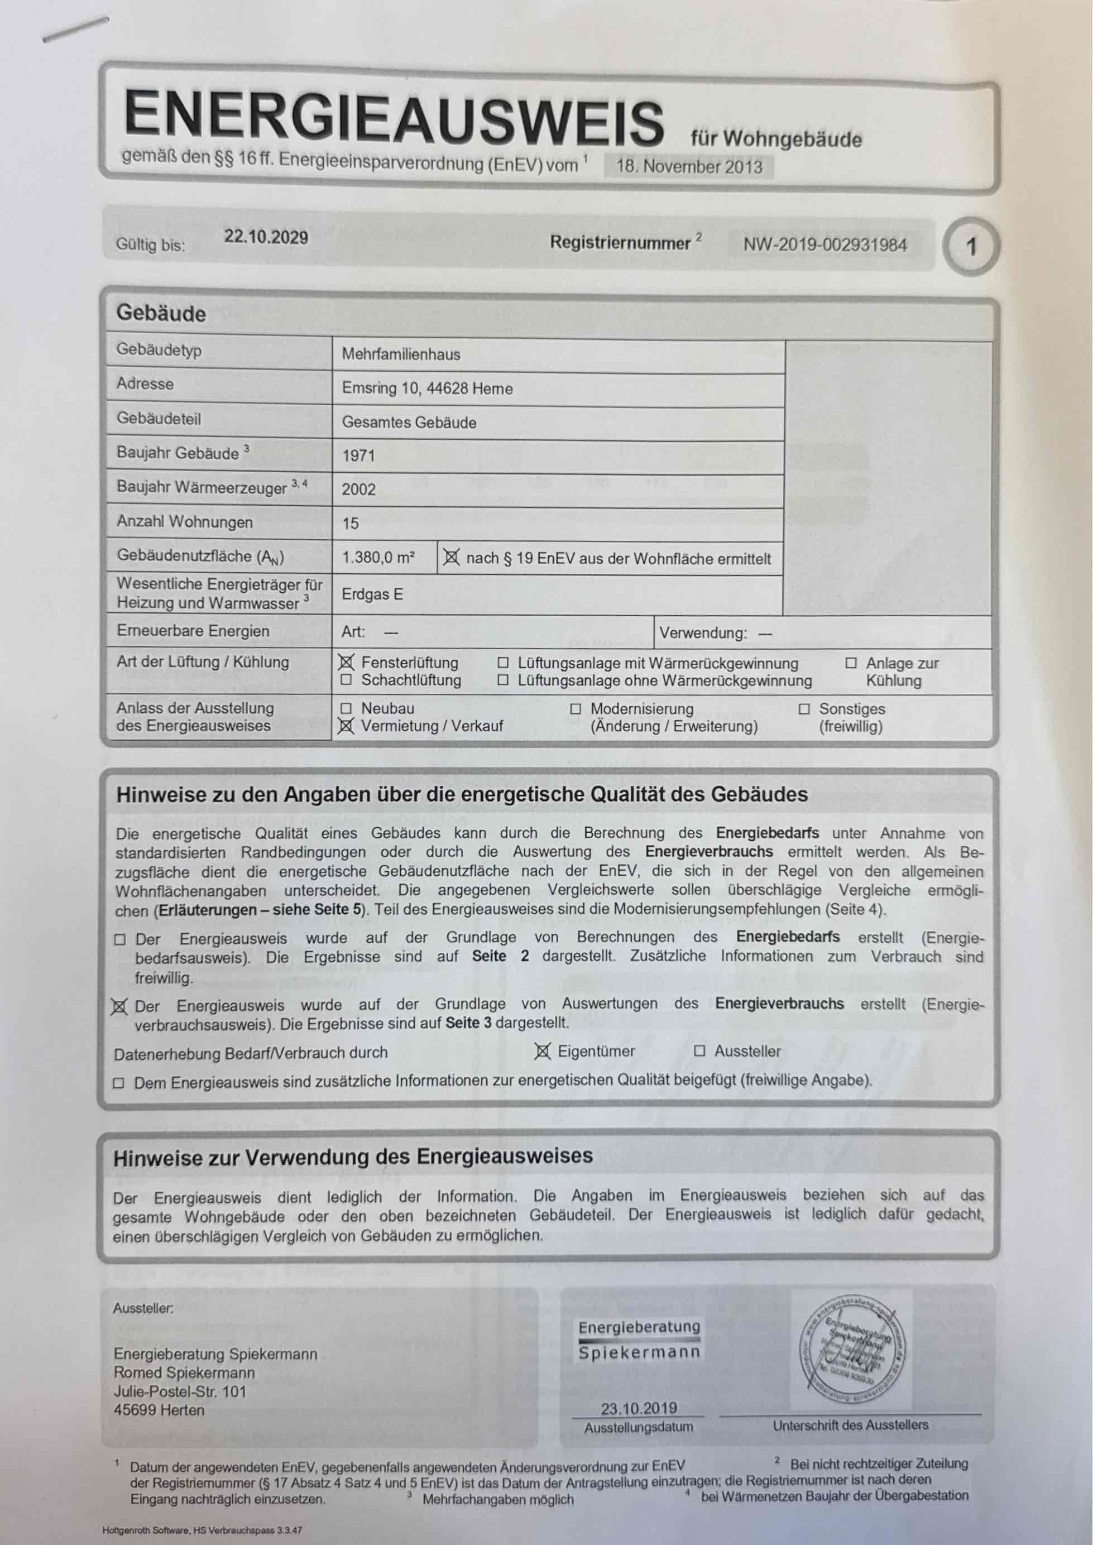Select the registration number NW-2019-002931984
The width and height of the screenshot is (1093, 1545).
tap(824, 245)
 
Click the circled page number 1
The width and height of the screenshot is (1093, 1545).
tap(971, 247)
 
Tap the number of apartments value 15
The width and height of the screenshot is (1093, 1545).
tap(350, 523)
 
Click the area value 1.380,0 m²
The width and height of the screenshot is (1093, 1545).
tap(378, 557)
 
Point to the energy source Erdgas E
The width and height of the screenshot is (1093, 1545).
tap(372, 594)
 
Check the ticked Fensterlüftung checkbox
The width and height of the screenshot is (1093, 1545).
tap(346, 663)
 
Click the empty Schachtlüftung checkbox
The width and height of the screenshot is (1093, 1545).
tap(346, 680)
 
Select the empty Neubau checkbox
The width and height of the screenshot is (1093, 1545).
tap(346, 708)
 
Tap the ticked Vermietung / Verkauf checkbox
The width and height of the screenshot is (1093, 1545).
tap(346, 726)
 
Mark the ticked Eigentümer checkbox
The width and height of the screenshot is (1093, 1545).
tap(543, 1051)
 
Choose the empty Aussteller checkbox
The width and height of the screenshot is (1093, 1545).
tap(699, 1051)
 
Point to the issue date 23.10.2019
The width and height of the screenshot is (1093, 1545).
tap(639, 1408)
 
